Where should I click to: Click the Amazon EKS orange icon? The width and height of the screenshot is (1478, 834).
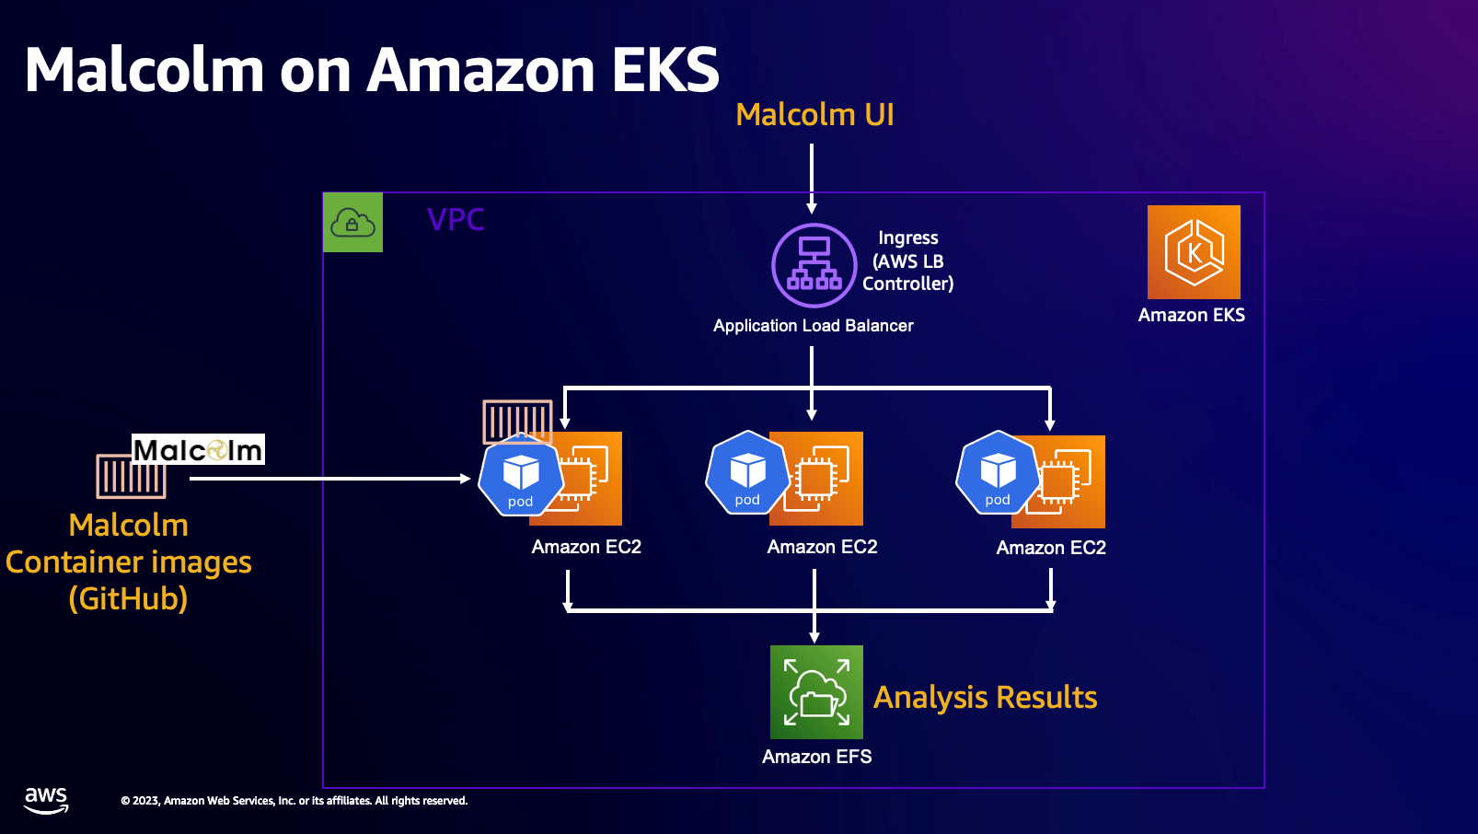coord(1194,252)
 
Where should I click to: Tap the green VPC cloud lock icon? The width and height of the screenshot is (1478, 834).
coord(352,223)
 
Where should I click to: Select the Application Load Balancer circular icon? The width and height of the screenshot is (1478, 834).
coord(814,265)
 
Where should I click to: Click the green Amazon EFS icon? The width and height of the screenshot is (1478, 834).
coord(816,692)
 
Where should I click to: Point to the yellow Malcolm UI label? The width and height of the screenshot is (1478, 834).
coord(814,115)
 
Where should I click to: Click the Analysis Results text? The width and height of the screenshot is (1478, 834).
coord(985,698)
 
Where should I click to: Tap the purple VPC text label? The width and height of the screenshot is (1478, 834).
coord(456,220)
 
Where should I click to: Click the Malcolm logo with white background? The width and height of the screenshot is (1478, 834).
coord(198,449)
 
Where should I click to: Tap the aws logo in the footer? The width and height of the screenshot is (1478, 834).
coord(46,800)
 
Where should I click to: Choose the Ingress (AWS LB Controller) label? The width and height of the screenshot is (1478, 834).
coord(907,261)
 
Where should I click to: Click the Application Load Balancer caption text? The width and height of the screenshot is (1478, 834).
coord(813,326)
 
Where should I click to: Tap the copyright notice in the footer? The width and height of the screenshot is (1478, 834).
coord(294,801)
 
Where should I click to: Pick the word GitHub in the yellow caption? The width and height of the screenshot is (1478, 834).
coord(128,599)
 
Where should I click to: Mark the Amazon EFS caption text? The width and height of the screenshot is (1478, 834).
coord(816,757)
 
